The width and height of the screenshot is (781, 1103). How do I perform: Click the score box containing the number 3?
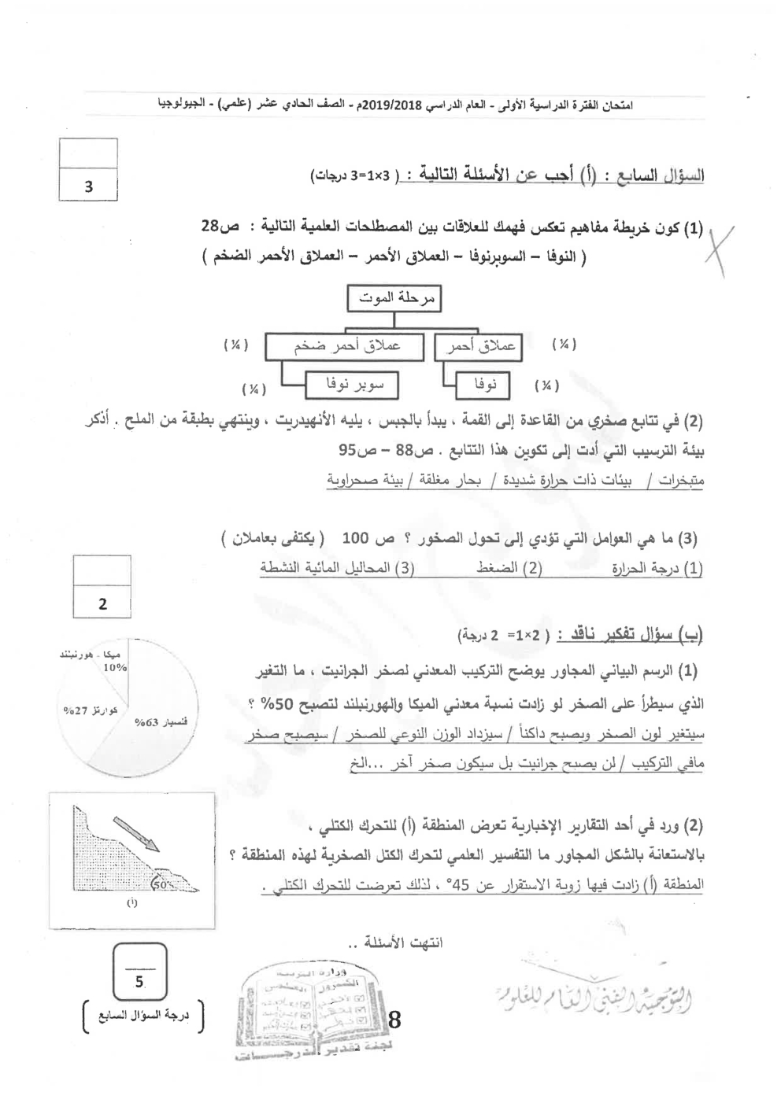88,187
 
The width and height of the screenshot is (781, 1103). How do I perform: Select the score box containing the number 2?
102,604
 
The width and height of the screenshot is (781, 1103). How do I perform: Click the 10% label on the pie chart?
115,667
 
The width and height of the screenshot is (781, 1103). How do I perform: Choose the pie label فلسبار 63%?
154,721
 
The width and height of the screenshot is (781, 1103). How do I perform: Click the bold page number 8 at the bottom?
394,1020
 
